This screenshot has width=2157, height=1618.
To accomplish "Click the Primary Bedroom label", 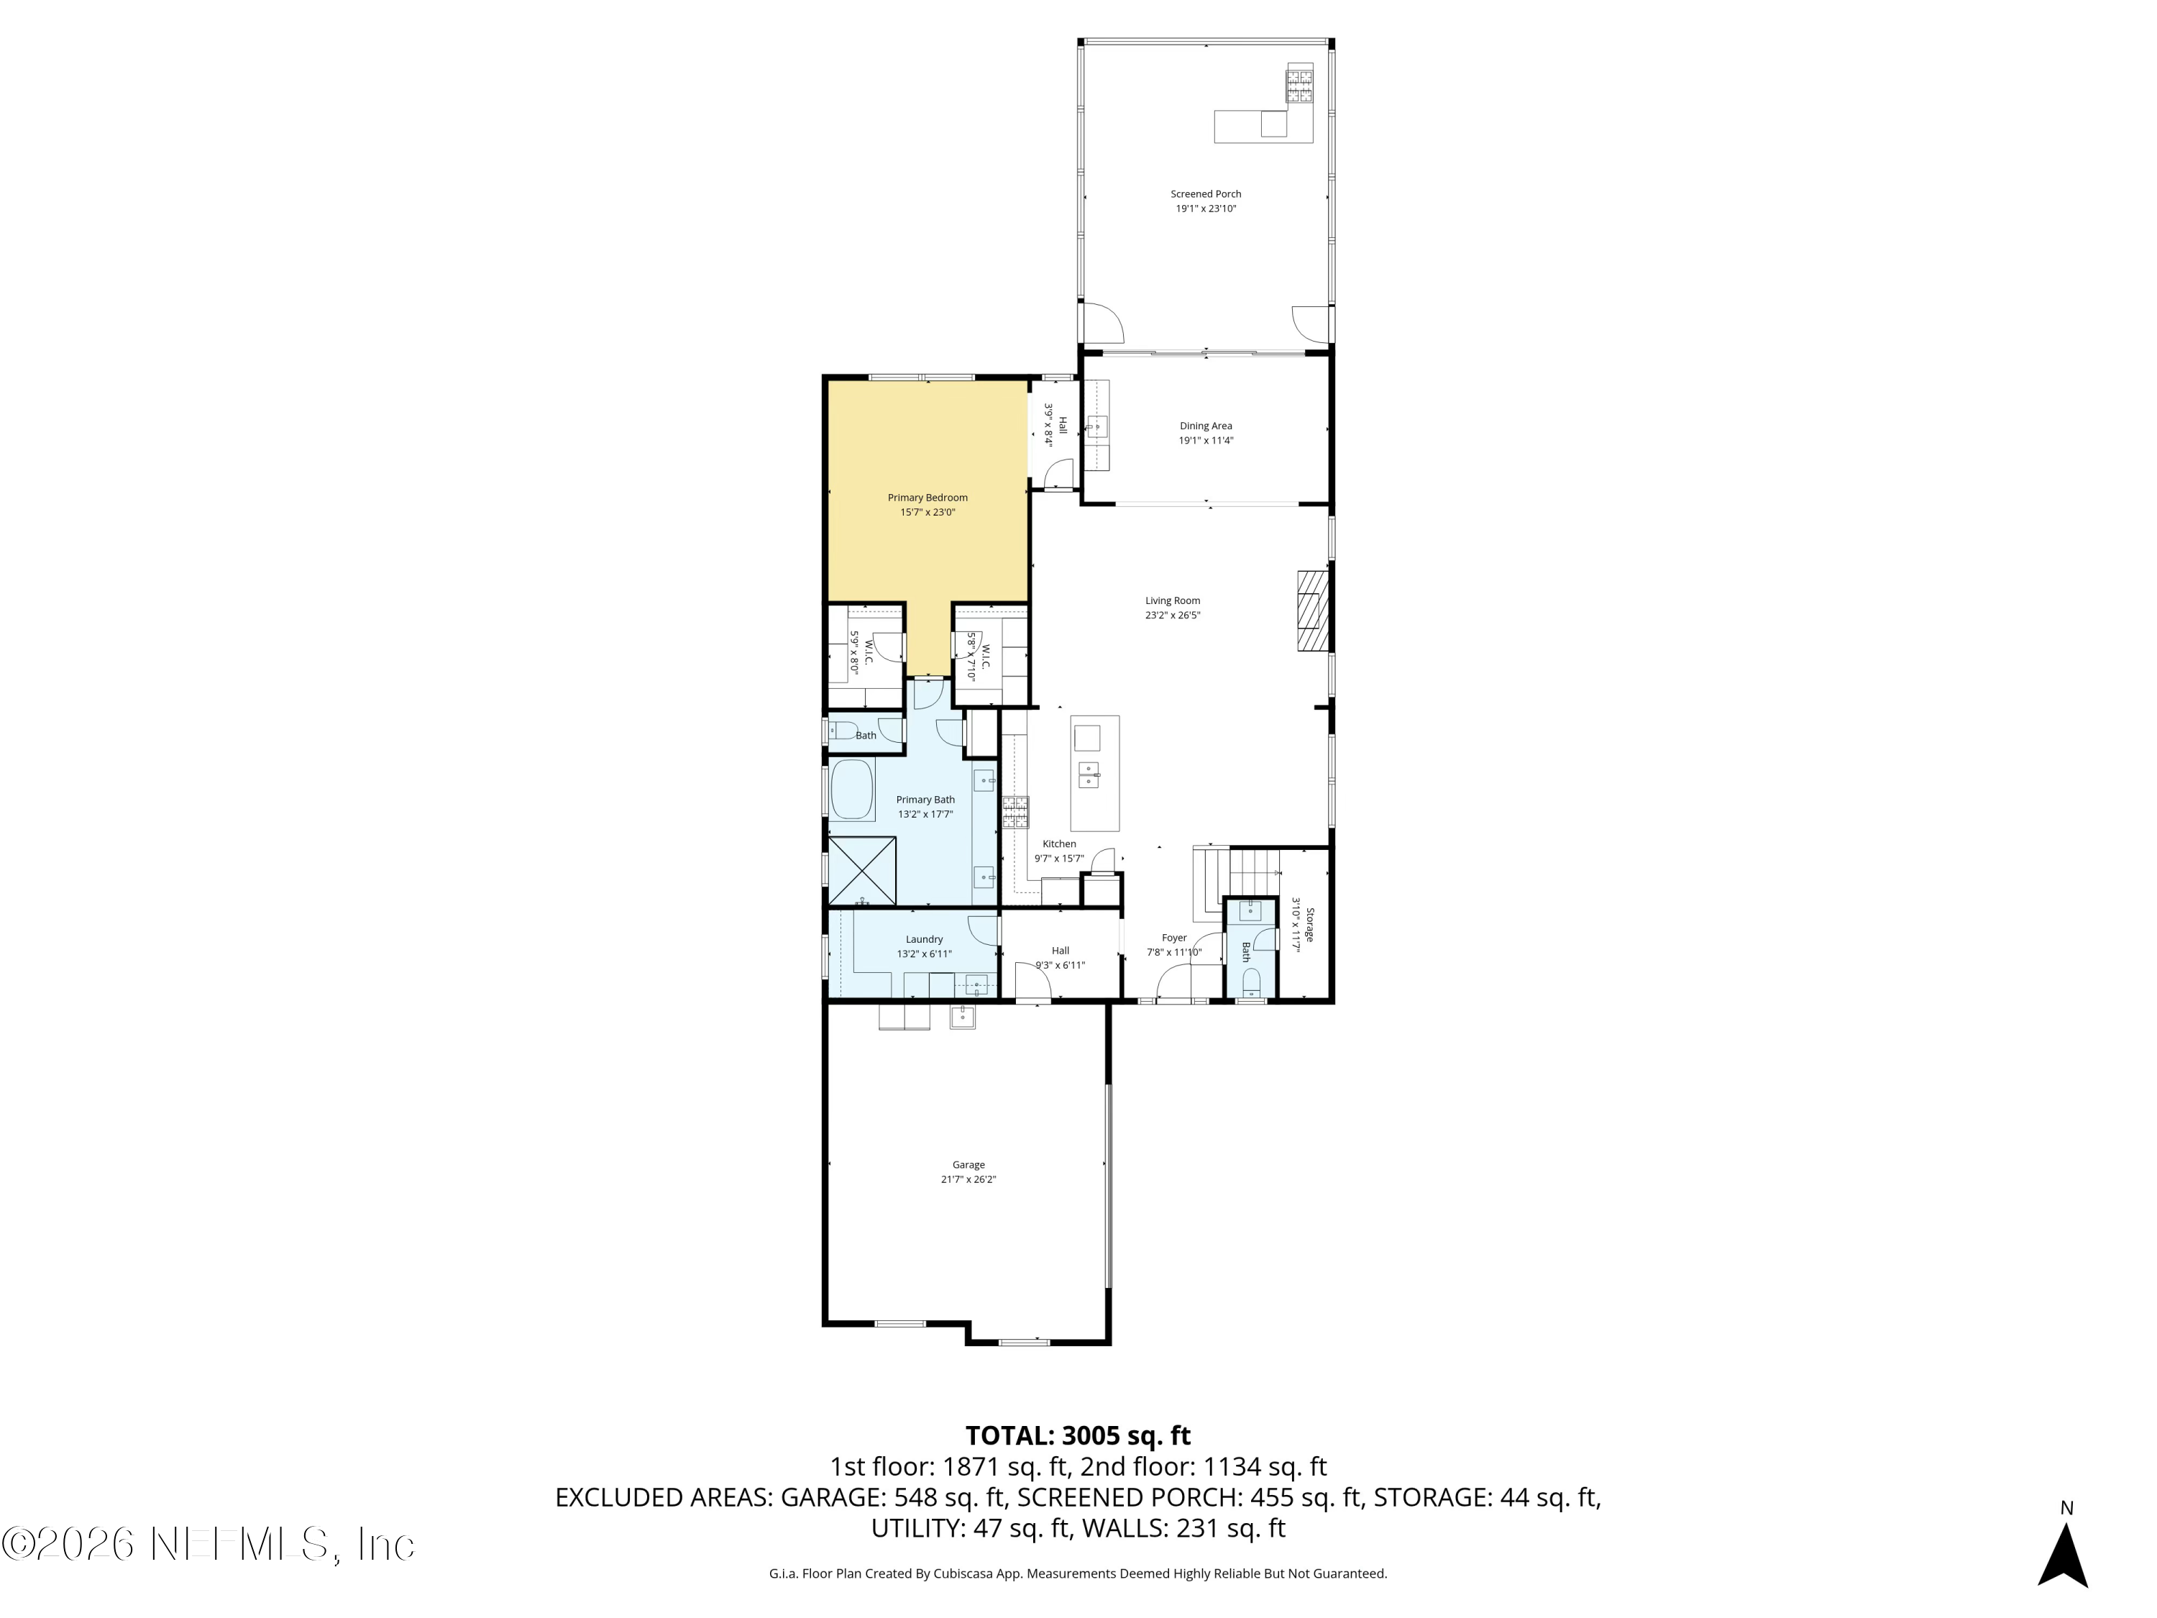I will coord(928,498).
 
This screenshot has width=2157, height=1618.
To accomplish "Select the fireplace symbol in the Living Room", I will coord(1311,611).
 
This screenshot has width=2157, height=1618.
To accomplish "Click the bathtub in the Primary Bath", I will coord(851,789).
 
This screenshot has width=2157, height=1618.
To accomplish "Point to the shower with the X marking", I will coord(862,870).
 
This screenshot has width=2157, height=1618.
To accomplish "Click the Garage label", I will coord(968,1164).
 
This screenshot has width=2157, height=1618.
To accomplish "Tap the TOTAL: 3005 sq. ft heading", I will coord(1078,1435).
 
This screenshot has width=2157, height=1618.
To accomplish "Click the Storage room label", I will coord(1309,925).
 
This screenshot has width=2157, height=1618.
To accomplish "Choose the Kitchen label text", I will coord(1059,844).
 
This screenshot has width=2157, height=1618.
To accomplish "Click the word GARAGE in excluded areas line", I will coord(833,1497).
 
